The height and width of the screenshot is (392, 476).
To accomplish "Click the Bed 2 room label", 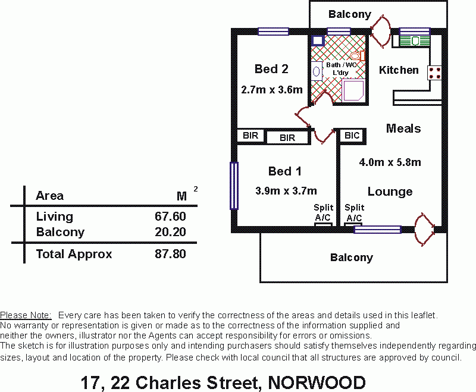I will [x=271, y=69].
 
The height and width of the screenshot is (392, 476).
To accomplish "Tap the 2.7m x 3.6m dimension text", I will [x=272, y=90].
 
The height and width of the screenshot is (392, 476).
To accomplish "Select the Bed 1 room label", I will [x=284, y=171].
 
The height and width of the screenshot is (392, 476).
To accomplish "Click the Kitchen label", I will [x=399, y=70].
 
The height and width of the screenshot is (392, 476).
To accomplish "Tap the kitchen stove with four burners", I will [x=435, y=73].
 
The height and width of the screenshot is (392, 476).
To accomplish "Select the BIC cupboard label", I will [x=352, y=136].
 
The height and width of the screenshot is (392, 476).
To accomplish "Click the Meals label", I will [x=403, y=128].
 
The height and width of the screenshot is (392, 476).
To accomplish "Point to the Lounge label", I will [x=390, y=191].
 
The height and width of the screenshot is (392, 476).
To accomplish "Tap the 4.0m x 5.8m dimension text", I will [x=390, y=162].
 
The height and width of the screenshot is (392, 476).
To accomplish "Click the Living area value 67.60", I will [x=170, y=217].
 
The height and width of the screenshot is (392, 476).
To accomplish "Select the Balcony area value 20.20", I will [x=170, y=232].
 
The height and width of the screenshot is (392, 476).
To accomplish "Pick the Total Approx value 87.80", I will [x=170, y=254].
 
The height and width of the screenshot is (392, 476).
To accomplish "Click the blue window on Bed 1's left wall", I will [x=234, y=186].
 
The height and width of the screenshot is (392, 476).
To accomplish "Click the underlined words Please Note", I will [x=26, y=315].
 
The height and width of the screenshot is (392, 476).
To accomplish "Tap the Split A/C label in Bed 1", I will [x=323, y=212].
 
